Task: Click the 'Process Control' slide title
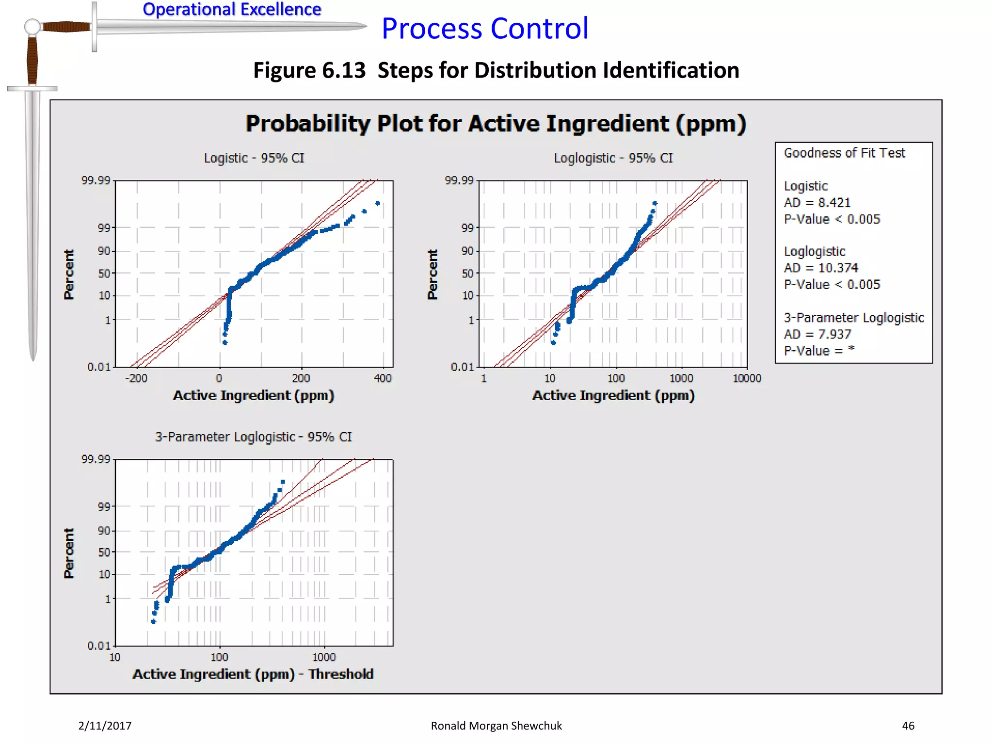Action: [x=485, y=28]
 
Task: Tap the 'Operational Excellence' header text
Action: [x=232, y=9]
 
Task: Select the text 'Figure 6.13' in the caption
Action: [x=309, y=70]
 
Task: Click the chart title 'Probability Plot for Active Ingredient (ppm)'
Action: [x=496, y=123]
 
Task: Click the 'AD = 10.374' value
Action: [x=821, y=268]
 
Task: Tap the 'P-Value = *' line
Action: [x=819, y=351]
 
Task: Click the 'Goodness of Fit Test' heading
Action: [x=844, y=153]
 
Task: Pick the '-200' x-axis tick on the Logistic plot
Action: [x=136, y=378]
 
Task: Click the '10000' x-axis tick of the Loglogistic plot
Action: [x=747, y=378]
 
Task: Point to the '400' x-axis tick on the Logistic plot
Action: [x=383, y=378]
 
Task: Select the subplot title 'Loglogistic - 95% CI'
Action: [x=613, y=158]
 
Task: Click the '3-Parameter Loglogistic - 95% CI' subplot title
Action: [x=253, y=437]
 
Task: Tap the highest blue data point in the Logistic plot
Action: [x=378, y=203]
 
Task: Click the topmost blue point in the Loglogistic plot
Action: [x=655, y=203]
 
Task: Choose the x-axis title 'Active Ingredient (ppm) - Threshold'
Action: [x=253, y=674]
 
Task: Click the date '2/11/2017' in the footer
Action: [x=105, y=726]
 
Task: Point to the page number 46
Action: [x=908, y=726]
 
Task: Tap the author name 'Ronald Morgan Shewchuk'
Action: [x=496, y=726]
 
